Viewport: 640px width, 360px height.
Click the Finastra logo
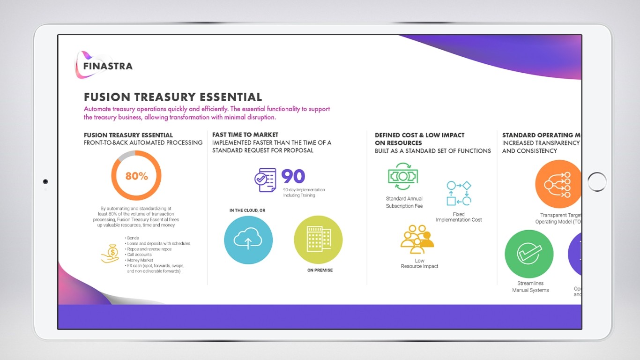(x=104, y=65)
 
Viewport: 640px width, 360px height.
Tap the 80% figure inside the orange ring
(x=136, y=176)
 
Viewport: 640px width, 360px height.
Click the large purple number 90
(x=293, y=177)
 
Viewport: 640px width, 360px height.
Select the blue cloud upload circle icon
(x=248, y=240)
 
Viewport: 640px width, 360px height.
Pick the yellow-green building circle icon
(x=318, y=240)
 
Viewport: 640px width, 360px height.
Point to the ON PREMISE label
(x=320, y=270)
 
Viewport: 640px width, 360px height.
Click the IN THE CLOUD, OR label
(x=247, y=210)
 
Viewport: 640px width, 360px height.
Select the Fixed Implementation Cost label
(x=459, y=217)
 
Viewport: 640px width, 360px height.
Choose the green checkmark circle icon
(x=529, y=254)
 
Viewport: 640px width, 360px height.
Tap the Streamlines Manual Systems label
(x=530, y=287)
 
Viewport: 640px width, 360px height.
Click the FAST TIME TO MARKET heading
(x=245, y=135)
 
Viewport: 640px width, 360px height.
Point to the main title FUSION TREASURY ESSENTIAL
(x=173, y=97)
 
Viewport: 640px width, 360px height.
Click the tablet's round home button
(x=597, y=182)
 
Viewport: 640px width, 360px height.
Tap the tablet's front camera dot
(x=45, y=181)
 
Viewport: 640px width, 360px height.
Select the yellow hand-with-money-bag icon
(x=111, y=254)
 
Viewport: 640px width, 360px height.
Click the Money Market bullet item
(x=140, y=260)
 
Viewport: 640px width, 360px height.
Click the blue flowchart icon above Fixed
(x=459, y=193)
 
